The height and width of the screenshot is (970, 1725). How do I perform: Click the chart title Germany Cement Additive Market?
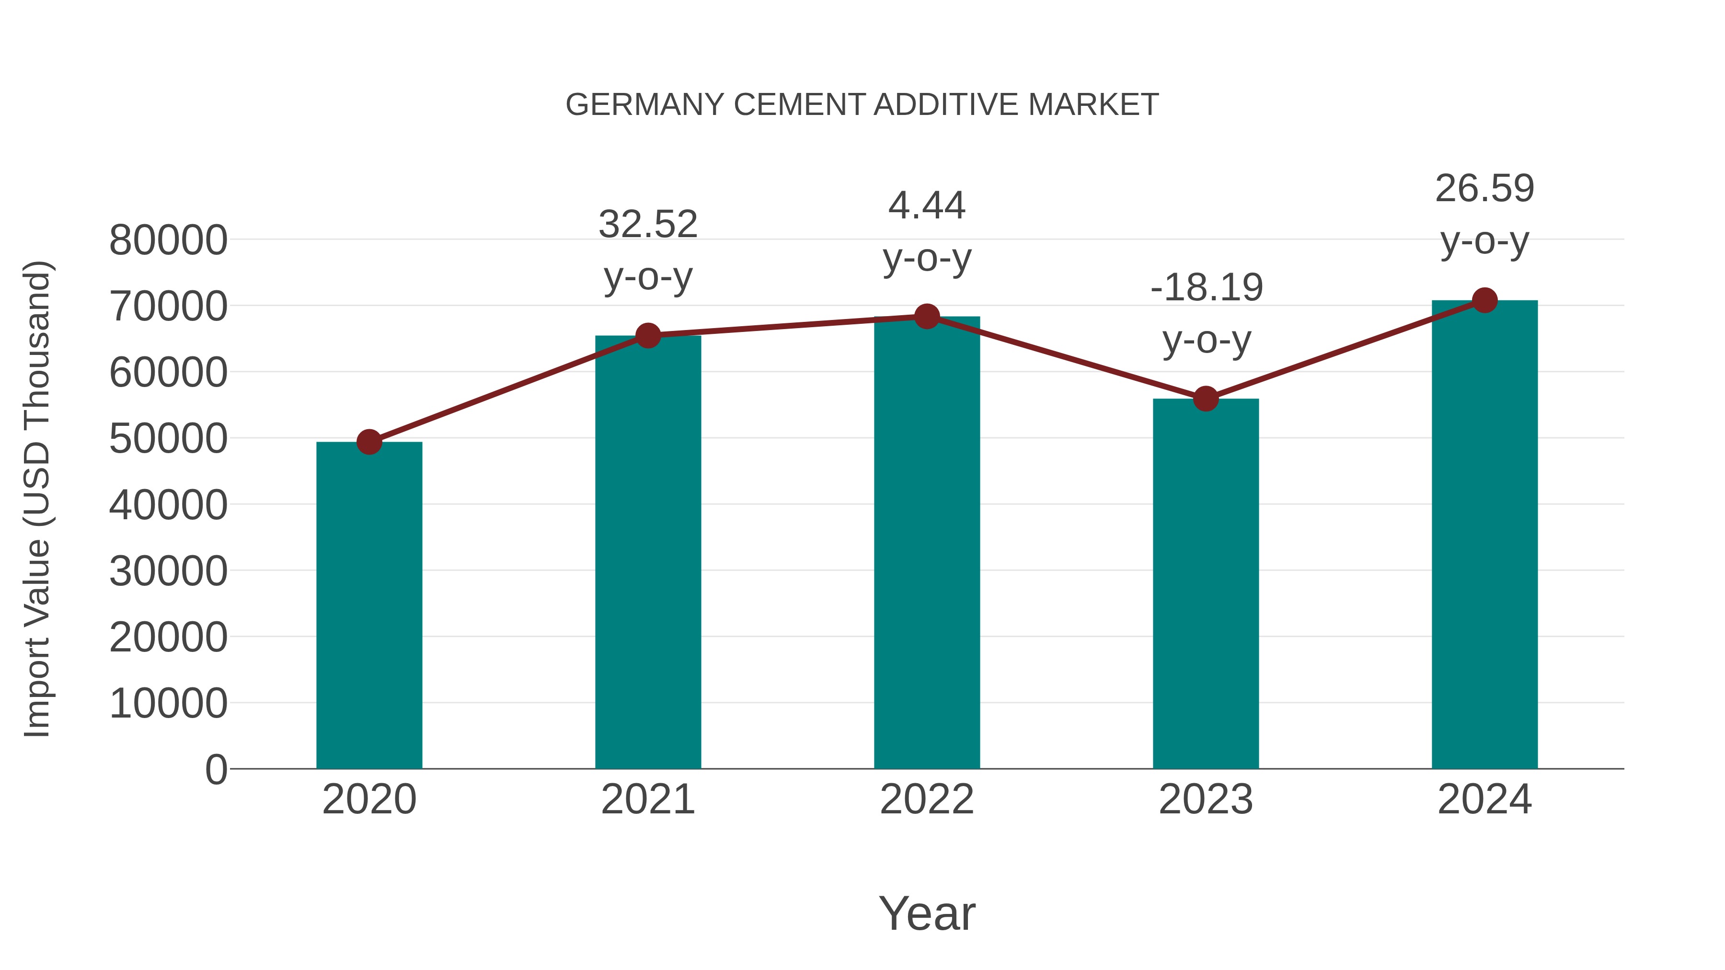pyautogui.click(x=862, y=105)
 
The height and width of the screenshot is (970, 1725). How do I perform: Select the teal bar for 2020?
pyautogui.click(x=369, y=606)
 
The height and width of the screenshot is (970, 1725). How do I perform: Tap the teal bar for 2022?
pyautogui.click(x=927, y=542)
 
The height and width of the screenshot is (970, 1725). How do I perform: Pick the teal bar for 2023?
pyautogui.click(x=1206, y=584)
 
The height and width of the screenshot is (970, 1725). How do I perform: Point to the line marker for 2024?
pyautogui.click(x=1484, y=300)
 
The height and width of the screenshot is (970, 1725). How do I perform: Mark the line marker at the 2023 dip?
pyautogui.click(x=1206, y=399)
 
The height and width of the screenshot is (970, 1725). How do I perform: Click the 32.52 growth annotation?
pyautogui.click(x=647, y=224)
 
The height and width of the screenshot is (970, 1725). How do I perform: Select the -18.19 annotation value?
pyautogui.click(x=1206, y=288)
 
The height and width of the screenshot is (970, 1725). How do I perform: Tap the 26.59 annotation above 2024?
pyautogui.click(x=1484, y=189)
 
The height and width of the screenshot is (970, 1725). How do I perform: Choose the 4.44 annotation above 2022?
pyautogui.click(x=927, y=205)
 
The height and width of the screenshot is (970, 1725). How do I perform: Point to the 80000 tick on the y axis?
pyautogui.click(x=168, y=240)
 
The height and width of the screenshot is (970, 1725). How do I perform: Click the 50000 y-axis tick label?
pyautogui.click(x=168, y=439)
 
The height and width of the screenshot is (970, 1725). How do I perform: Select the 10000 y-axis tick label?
pyautogui.click(x=168, y=704)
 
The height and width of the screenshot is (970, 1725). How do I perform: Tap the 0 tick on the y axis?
pyautogui.click(x=216, y=770)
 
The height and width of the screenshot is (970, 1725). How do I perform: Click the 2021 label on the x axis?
pyautogui.click(x=647, y=799)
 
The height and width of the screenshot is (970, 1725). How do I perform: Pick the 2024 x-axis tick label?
pyautogui.click(x=1484, y=799)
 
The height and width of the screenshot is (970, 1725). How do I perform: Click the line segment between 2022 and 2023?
pyautogui.click(x=1066, y=357)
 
